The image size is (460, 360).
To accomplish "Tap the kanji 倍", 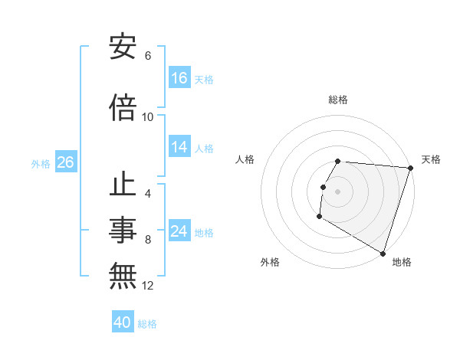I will [123, 107].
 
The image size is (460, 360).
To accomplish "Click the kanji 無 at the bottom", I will [123, 274].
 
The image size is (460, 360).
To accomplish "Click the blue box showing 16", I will [179, 78].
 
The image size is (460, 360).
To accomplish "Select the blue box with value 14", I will [179, 147].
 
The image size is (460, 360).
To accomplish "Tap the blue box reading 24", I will [179, 232].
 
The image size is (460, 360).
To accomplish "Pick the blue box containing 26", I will [65, 163].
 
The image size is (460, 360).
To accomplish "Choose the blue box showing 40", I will [123, 323].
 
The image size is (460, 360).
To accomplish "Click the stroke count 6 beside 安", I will [148, 56].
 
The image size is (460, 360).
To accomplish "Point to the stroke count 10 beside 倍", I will [148, 117].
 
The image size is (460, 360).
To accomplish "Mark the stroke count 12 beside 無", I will [148, 286].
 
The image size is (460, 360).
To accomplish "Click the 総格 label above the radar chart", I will [338, 100].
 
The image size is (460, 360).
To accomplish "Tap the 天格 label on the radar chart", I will [431, 159].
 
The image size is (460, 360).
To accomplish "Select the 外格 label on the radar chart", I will [270, 262].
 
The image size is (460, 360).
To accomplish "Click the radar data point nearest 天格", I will [410, 168].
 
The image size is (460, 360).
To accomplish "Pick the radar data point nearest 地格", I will [382, 254].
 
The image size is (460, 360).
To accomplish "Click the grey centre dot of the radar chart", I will [338, 191].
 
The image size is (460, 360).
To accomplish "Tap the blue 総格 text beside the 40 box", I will [147, 324].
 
